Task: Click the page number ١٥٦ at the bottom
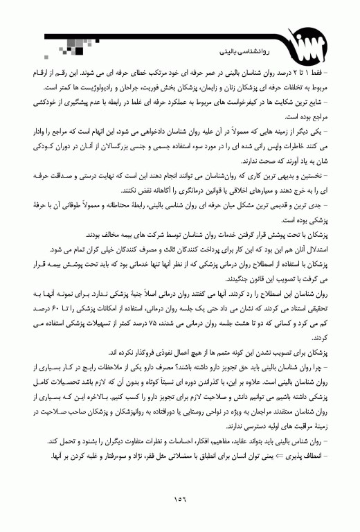click(x=181, y=496)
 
